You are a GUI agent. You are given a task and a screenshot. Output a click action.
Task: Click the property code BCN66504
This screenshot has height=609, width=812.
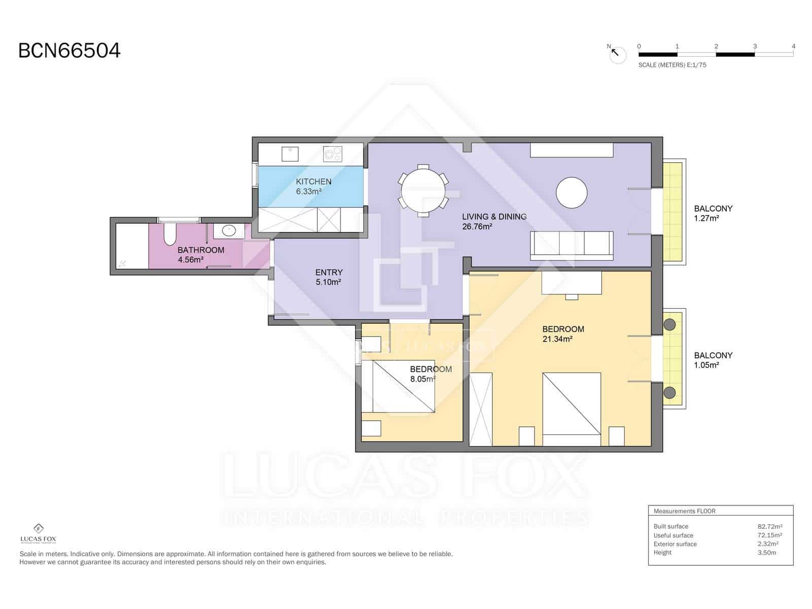tap(70, 51)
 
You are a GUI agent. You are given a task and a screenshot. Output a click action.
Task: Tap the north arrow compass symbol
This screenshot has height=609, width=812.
tap(618, 54)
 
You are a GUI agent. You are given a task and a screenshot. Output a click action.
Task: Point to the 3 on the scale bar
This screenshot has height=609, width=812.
tap(755, 46)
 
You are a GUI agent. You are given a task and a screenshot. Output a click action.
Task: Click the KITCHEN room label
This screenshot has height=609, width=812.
tap(314, 182)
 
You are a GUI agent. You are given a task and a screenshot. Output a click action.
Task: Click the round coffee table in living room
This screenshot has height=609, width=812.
tap(571, 192)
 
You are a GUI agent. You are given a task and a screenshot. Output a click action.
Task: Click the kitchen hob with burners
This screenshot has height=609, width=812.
tap(333, 153)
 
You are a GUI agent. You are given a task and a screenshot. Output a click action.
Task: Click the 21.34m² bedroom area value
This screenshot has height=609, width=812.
tap(557, 339)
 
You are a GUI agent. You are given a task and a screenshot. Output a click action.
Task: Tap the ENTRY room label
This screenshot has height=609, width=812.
tap(329, 273)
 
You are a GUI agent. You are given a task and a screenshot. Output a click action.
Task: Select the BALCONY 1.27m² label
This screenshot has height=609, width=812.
tap(713, 213)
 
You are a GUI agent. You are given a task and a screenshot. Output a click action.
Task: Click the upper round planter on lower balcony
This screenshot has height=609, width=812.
tap(669, 324)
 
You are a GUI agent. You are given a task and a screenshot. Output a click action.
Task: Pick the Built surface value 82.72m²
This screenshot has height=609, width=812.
tap(769, 526)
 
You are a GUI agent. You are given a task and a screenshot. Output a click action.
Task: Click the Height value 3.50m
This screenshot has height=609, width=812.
tap(767, 552)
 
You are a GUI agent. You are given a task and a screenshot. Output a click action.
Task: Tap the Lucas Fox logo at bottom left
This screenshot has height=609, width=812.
tap(38, 533)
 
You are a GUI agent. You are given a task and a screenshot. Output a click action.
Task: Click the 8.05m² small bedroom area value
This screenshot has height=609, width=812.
tap(423, 379)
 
